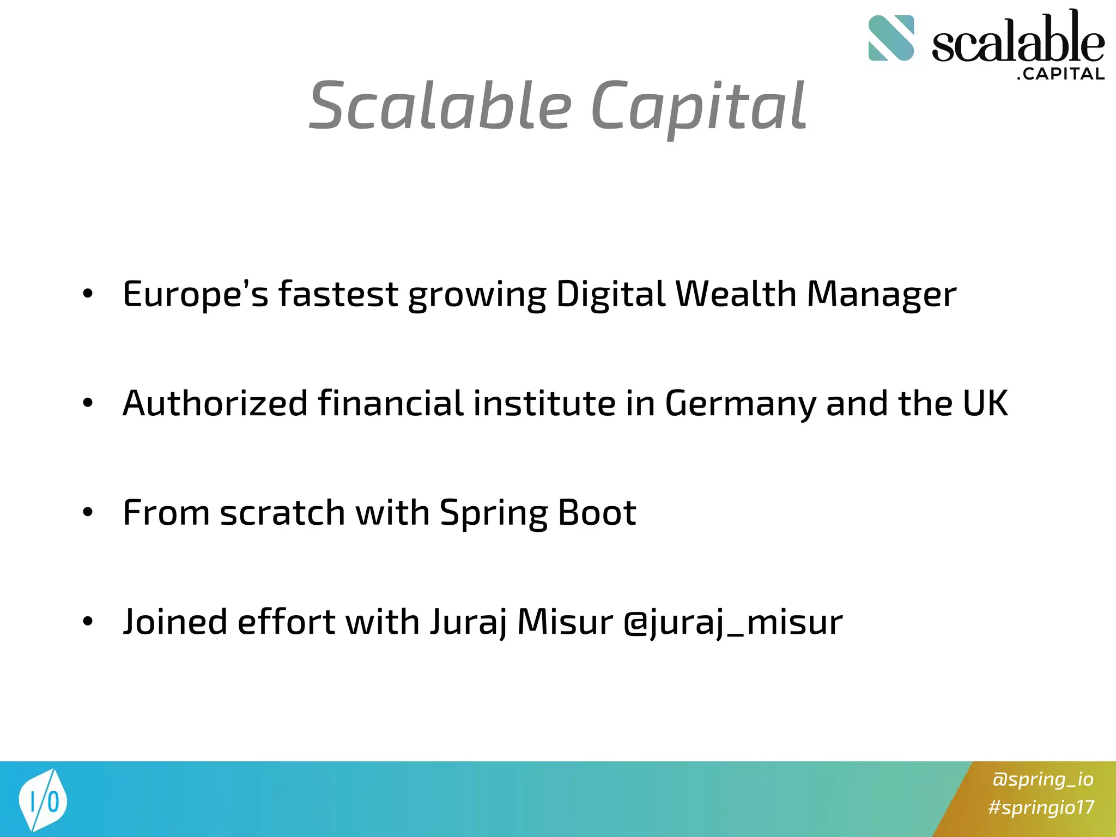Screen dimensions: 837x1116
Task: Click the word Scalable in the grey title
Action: pyautogui.click(x=440, y=106)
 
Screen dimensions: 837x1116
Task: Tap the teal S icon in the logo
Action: pyautogui.click(x=891, y=38)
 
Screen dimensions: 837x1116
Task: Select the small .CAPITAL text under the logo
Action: pyautogui.click(x=1060, y=74)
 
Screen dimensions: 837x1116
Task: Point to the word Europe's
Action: pyautogui.click(x=196, y=294)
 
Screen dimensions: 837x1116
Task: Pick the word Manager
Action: pyautogui.click(x=881, y=294)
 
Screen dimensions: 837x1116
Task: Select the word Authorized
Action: pyautogui.click(x=215, y=404)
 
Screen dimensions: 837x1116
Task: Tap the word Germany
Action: pyautogui.click(x=741, y=404)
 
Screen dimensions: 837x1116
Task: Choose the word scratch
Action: pyautogui.click(x=283, y=513)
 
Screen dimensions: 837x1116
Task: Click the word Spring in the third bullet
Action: pyautogui.click(x=493, y=513)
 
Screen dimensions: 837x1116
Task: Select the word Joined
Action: pyautogui.click(x=175, y=622)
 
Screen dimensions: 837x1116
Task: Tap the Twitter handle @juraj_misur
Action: pyautogui.click(x=733, y=622)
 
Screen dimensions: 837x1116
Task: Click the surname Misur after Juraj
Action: pyautogui.click(x=565, y=622)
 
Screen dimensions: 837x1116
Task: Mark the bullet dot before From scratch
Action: pyautogui.click(x=88, y=513)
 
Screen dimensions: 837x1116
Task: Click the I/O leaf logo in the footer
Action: pyautogui.click(x=43, y=800)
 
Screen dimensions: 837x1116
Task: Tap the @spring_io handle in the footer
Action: pyautogui.click(x=1042, y=779)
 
